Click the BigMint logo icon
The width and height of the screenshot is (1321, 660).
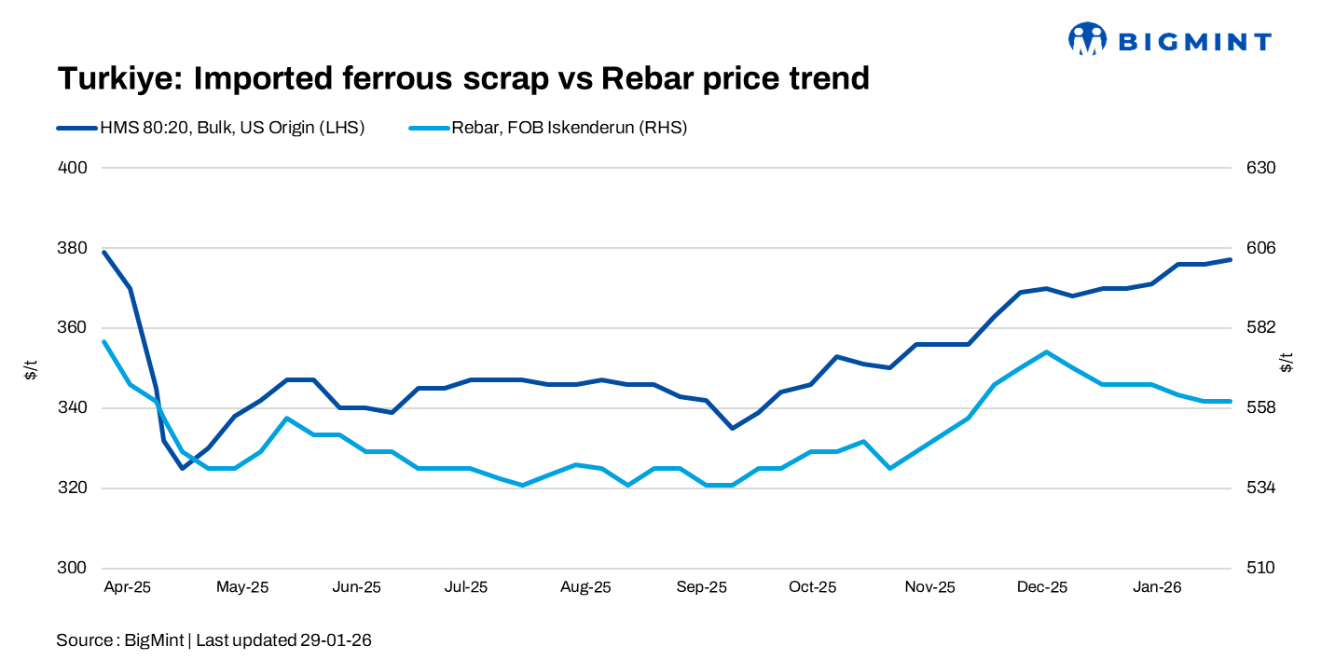(1087, 39)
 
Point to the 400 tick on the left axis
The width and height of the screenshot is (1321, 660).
(74, 168)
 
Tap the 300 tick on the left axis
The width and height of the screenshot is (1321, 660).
(74, 569)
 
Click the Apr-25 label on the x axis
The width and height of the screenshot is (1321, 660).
(127, 587)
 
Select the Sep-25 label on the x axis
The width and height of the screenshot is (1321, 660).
(702, 587)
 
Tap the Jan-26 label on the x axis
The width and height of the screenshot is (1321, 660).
(1157, 587)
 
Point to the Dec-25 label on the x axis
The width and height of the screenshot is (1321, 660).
(1042, 587)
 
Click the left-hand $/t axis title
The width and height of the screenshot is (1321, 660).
(32, 368)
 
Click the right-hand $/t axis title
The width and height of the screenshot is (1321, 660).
(1287, 363)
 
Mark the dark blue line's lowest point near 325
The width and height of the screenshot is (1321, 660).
(182, 468)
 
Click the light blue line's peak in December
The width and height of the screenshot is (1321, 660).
(1047, 351)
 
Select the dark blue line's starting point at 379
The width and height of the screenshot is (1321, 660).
(103, 252)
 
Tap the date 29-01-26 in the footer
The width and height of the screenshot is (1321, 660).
(336, 640)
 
